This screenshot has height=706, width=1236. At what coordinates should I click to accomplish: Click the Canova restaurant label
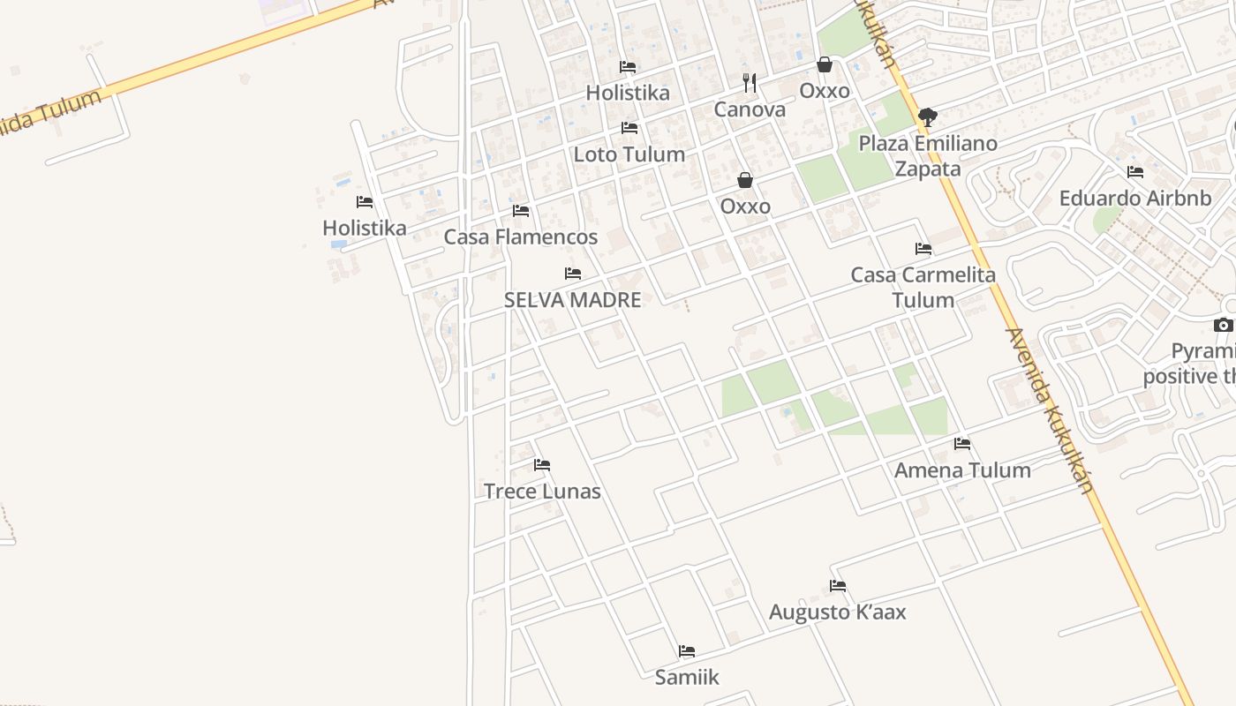750,109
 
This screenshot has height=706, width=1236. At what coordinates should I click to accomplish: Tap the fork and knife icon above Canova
750,84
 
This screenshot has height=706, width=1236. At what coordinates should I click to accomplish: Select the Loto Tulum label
629,154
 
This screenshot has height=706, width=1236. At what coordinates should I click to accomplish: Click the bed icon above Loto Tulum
629,128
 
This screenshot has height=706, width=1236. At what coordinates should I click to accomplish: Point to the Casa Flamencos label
520,237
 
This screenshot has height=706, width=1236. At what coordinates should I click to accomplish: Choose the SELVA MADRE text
572,300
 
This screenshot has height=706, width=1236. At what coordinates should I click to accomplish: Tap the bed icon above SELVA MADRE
573,274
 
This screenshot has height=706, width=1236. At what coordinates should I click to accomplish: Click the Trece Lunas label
542,492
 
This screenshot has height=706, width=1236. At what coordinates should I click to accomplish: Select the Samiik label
687,678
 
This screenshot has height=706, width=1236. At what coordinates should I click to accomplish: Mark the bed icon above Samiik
687,651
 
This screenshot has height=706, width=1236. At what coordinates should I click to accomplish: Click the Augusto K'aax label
837,612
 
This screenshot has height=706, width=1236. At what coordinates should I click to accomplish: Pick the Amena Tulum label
962,469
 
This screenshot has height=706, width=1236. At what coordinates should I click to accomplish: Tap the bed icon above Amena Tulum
962,443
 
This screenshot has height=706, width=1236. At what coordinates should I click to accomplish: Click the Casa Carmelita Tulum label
923,287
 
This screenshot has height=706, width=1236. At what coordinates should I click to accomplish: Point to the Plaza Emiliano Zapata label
928,155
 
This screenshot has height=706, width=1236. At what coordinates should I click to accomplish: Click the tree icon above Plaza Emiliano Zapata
927,116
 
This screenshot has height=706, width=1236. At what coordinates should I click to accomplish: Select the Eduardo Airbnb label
1134,198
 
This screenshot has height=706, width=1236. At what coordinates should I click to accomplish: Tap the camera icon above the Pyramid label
1223,325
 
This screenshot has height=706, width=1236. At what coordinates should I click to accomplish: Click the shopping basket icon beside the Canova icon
825,64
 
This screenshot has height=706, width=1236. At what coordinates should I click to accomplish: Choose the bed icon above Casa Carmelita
923,248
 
